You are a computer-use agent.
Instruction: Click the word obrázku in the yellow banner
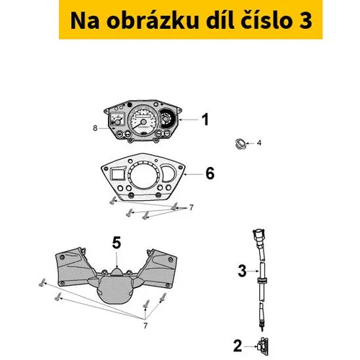153,20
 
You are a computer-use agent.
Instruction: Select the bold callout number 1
205,120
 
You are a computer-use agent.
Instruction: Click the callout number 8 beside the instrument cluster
95,128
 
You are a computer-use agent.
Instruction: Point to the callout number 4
259,143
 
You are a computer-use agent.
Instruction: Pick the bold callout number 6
210,174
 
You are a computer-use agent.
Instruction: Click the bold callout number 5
117,243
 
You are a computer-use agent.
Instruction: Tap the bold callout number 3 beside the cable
242,271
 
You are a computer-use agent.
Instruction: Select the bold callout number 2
238,346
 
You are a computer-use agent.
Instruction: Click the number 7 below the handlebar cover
145,326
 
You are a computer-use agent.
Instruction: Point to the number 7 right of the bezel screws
192,207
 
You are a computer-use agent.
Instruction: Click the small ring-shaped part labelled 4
240,143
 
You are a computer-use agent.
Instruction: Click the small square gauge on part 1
117,120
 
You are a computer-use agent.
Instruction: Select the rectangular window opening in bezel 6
117,173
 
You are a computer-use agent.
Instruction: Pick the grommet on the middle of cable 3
262,280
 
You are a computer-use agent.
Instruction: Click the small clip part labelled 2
263,346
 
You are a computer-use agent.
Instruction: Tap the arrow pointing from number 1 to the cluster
189,120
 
